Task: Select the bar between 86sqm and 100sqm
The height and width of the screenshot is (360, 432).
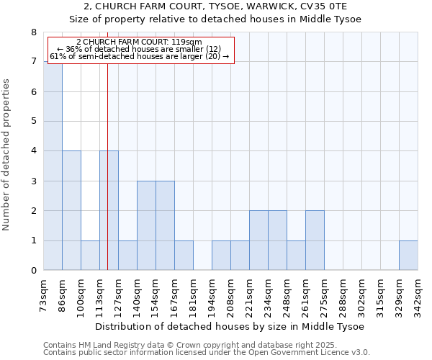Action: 71,210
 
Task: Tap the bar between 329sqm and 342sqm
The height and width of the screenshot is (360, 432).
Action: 408,256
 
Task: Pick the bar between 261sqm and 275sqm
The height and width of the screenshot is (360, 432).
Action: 315,240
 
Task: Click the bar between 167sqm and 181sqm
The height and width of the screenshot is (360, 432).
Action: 184,256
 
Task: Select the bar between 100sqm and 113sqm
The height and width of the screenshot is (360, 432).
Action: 90,256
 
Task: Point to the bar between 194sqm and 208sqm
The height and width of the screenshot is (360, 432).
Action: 221,256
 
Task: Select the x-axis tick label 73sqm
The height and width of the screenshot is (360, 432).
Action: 43,294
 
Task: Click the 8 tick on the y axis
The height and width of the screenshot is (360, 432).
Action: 33,32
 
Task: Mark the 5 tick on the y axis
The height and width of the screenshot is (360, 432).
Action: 33,122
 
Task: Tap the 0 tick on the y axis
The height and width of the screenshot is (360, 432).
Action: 33,271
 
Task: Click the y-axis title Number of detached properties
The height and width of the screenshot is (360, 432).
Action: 7,154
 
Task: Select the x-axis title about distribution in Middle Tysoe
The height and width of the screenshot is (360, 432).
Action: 230,326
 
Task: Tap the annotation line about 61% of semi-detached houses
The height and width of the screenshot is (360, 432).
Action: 139,56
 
